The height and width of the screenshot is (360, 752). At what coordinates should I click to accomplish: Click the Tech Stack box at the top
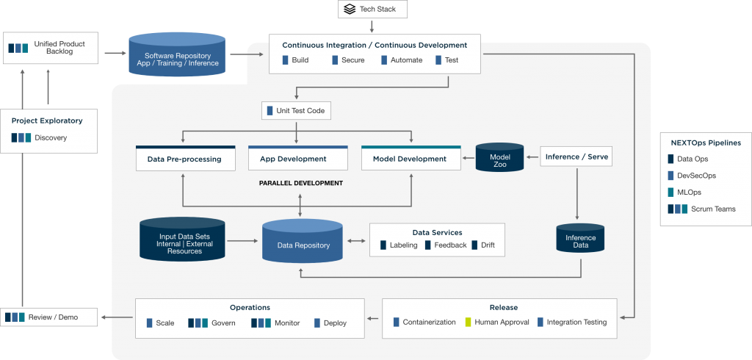pos(372,9)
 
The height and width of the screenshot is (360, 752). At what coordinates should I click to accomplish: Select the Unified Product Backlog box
pos(48,48)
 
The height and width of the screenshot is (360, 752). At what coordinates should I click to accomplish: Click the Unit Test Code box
pos(296,111)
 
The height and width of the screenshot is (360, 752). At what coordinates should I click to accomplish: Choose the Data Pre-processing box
pos(185,159)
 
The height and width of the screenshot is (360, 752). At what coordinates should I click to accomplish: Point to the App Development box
pos(297,159)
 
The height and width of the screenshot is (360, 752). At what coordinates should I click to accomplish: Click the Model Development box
pos(411,159)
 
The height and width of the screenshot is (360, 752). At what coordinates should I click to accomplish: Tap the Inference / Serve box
pos(576,156)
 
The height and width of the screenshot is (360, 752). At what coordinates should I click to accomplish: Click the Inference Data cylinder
pos(580,240)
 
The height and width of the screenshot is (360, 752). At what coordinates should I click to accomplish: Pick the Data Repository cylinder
pos(303,242)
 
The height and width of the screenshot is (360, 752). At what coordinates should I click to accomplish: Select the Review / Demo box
pos(48,317)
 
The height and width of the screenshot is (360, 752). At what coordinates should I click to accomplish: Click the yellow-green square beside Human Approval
pos(467,322)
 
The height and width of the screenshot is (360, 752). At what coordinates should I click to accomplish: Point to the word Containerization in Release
pos(429,322)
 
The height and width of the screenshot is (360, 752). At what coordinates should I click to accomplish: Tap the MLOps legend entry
pos(690,192)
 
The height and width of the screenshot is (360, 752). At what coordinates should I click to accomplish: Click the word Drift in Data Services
pos(488,245)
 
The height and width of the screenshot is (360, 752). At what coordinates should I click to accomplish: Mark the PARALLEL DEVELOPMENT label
pos(301,183)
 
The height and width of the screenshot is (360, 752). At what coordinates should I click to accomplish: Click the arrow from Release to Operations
pos(373,318)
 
